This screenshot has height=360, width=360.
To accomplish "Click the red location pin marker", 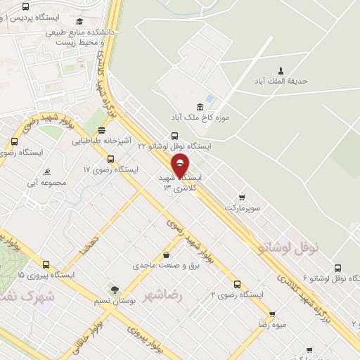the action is point(181,165).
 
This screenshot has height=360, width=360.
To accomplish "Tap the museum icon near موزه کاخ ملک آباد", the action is point(200,107).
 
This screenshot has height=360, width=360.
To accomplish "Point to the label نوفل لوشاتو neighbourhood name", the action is point(289,246).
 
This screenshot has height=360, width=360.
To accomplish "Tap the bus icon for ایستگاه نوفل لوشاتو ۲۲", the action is point(174,136).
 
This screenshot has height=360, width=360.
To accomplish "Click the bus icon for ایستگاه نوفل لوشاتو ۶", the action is point(338,268).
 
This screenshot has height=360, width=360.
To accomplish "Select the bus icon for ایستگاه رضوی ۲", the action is point(237,285).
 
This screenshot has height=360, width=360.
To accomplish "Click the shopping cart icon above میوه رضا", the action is point(272,314).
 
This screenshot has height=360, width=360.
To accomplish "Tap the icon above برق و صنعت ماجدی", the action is point(166,255).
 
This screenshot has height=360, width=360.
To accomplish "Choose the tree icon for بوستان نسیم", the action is point(114,290).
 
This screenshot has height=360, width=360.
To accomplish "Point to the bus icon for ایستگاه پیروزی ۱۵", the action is point(46,265).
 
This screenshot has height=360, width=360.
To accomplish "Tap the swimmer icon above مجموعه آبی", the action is point(46,172).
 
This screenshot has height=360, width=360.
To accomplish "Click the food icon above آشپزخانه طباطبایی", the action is point(103,130).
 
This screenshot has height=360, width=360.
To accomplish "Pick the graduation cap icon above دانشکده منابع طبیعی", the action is point(79,22).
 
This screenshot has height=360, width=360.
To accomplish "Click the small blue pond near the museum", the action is point(210,98).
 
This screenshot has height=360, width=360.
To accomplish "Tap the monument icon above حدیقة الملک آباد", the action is point(281,70).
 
